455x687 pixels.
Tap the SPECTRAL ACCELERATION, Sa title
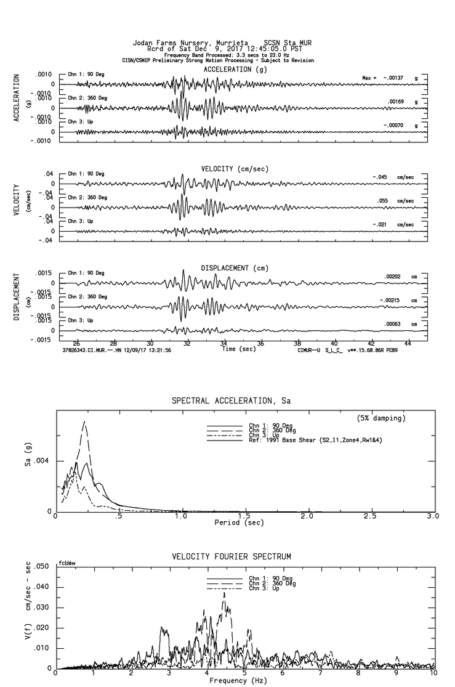tap(231, 401)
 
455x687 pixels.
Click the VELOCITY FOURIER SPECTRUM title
tap(231, 556)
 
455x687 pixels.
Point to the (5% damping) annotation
tap(381, 418)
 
